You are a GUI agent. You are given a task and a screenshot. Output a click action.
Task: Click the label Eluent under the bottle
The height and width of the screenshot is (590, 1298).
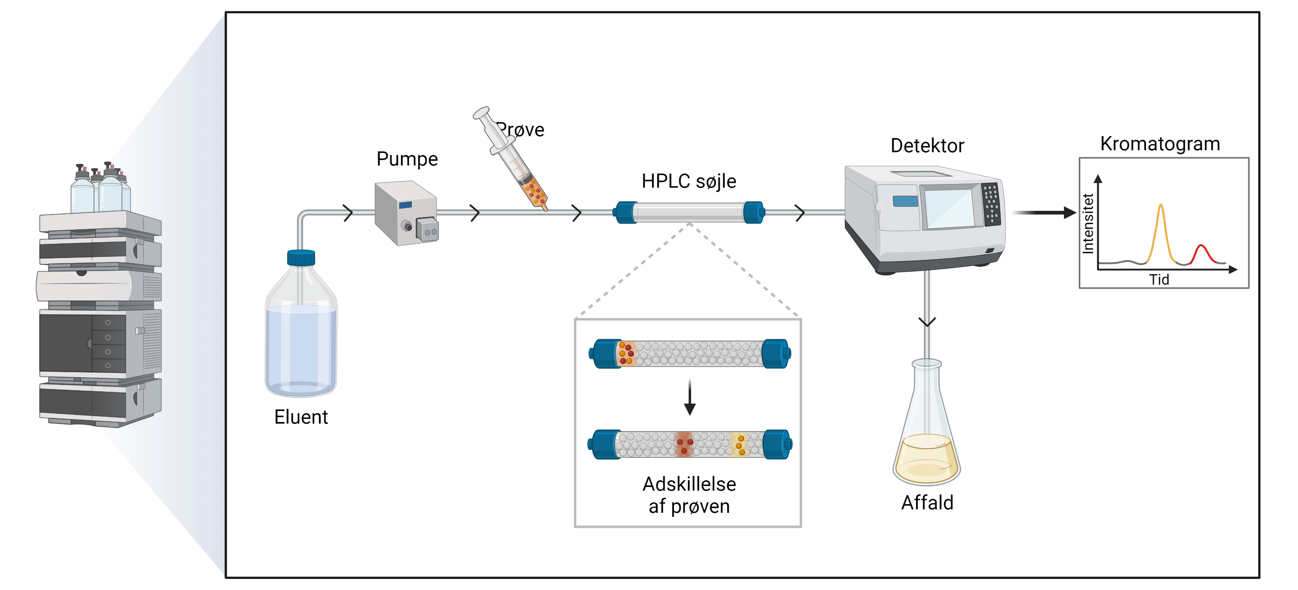coord(301,417)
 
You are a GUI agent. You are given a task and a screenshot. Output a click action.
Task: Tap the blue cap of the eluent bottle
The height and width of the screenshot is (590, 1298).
coord(301,258)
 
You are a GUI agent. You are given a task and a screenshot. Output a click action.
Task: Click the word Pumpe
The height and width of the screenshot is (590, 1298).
coord(407,159)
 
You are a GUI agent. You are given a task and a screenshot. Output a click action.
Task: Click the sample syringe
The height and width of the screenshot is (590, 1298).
coord(511,159)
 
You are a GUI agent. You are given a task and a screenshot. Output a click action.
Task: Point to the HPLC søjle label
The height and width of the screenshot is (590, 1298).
coord(688,181)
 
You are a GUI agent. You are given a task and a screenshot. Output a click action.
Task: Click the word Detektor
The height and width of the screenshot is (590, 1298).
coord(927,146)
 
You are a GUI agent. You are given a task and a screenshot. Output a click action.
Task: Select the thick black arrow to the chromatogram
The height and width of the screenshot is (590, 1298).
coord(1043,213)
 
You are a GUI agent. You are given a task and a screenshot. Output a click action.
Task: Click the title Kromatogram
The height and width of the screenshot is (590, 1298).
coord(1160,144)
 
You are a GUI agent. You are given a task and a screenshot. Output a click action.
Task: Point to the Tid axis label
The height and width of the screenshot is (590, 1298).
coord(1159,280)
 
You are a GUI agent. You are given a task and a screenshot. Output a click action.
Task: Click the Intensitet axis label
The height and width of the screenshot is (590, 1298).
coord(1088,224)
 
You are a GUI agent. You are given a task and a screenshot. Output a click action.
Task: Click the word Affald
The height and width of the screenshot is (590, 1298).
coord(927,503)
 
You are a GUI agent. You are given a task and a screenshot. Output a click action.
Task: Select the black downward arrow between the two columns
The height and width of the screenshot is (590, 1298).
coord(689,398)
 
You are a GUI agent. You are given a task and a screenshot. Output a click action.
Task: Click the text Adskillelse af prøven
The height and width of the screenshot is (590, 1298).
coord(689,495)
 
